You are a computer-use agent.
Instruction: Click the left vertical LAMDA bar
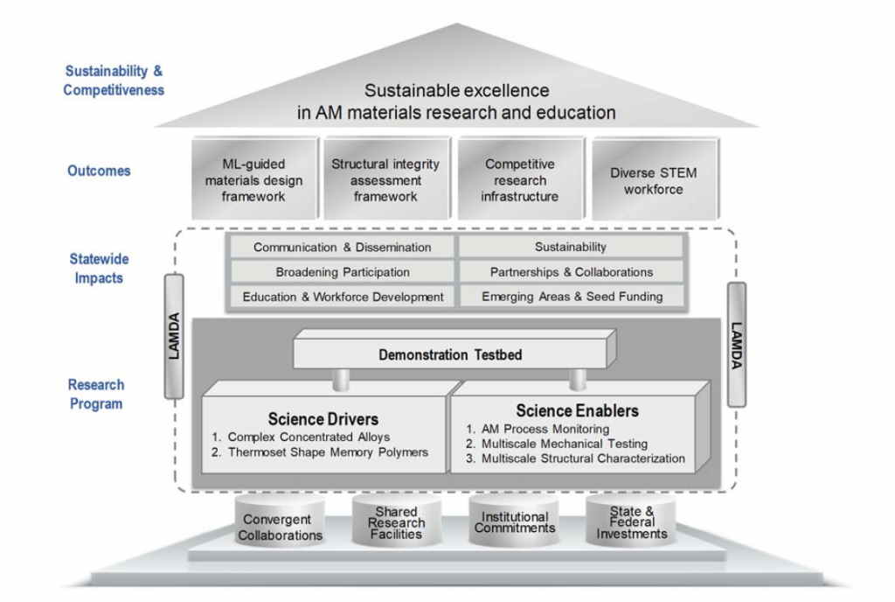tap(173, 336)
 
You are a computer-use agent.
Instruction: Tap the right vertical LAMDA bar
tap(737, 345)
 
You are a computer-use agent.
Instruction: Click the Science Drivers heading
tap(323, 419)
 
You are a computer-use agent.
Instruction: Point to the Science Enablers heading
tap(577, 410)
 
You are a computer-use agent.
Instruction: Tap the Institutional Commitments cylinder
tap(515, 522)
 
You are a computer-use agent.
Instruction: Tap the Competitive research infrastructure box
tap(519, 180)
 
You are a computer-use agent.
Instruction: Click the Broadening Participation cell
tap(343, 272)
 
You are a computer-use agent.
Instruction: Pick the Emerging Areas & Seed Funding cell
tap(572, 297)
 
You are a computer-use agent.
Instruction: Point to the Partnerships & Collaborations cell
tap(572, 272)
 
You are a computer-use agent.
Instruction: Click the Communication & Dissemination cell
tap(343, 248)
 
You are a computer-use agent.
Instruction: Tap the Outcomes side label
tap(99, 171)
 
